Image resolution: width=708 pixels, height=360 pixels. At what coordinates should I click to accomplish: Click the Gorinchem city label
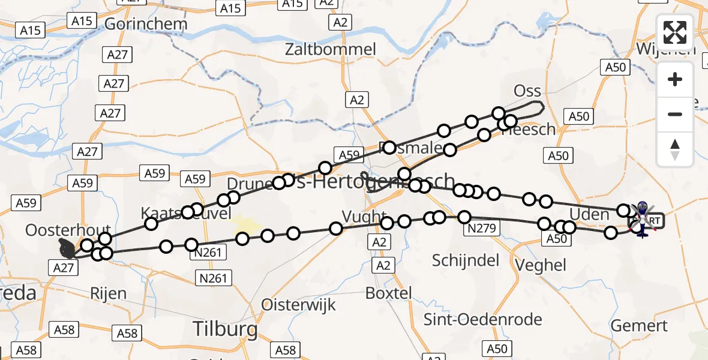pyautogui.click(x=146, y=24)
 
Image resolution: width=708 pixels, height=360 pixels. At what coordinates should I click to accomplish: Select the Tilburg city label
pyautogui.click(x=225, y=329)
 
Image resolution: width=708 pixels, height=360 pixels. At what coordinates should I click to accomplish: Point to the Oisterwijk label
pyautogui.click(x=299, y=304)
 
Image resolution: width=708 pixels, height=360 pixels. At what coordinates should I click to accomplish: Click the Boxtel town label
pyautogui.click(x=389, y=293)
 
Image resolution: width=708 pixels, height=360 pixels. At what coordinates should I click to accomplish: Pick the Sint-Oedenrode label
pyautogui.click(x=483, y=319)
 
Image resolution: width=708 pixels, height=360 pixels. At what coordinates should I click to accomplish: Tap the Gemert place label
pyautogui.click(x=639, y=326)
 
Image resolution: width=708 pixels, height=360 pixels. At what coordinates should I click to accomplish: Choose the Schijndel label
pyautogui.click(x=466, y=260)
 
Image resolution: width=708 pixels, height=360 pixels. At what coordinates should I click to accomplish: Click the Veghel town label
pyautogui.click(x=541, y=265)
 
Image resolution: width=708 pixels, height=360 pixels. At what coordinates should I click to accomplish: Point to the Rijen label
pyautogui.click(x=109, y=293)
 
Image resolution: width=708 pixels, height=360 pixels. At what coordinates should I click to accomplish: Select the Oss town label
pyautogui.click(x=527, y=91)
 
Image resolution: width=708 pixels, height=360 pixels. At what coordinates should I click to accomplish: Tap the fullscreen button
pyautogui.click(x=675, y=32)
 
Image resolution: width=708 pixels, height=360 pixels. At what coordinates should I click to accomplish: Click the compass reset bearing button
pyautogui.click(x=675, y=149)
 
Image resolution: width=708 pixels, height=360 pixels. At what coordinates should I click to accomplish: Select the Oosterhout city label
pyautogui.click(x=68, y=230)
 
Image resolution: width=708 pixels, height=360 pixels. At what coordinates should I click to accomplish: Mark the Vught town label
pyautogui.click(x=364, y=216)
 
